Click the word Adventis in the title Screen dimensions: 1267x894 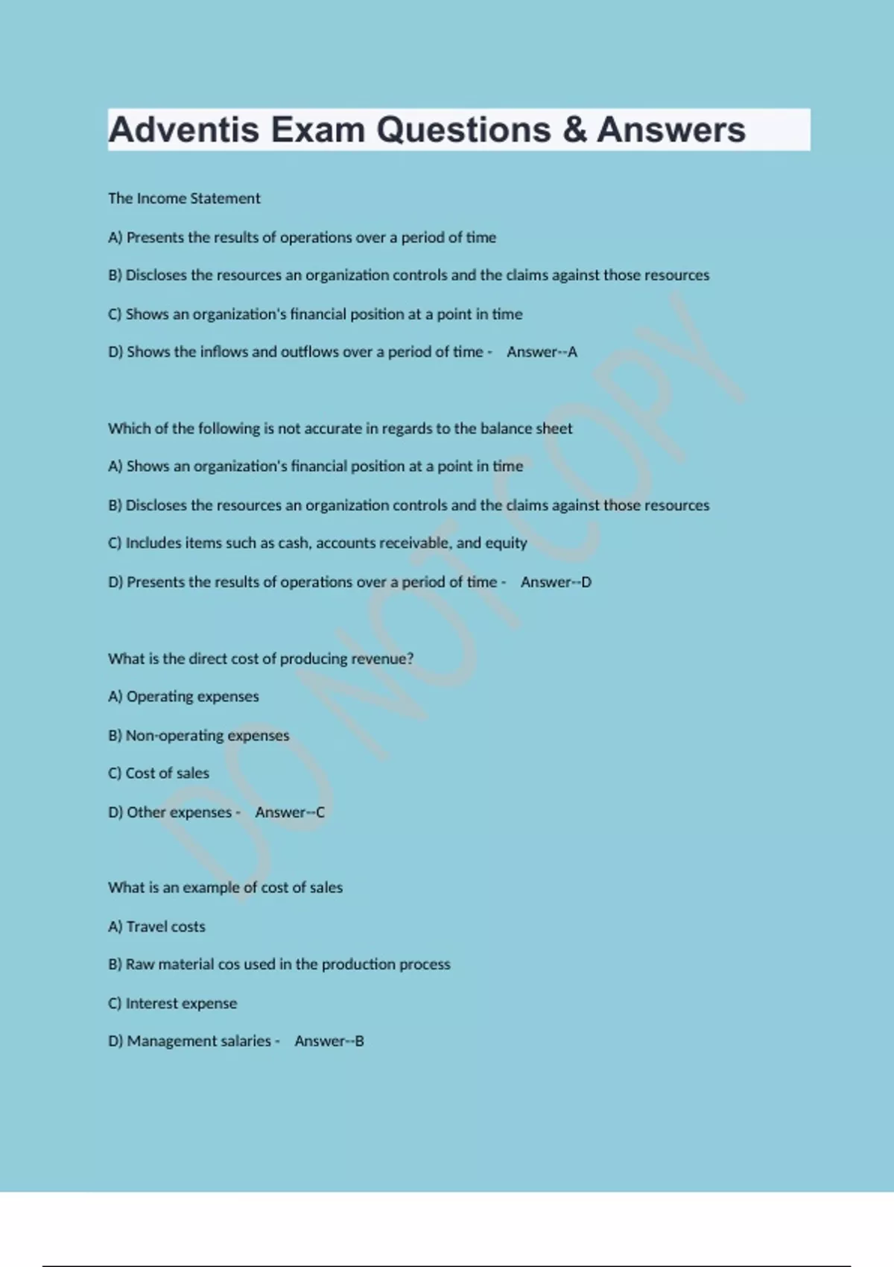(183, 130)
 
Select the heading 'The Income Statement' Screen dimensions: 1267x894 (184, 198)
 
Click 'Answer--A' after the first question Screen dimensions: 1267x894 (542, 352)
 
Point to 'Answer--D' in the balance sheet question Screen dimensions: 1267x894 (556, 582)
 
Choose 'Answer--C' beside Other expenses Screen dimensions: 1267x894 (290, 812)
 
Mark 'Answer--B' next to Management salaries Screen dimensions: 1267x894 (329, 1041)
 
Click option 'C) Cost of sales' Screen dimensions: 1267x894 (159, 774)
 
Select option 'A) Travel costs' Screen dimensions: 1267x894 (156, 926)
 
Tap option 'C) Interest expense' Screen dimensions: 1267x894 (172, 1003)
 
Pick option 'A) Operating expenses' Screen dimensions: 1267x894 (183, 696)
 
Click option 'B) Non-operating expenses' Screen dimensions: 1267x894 (198, 736)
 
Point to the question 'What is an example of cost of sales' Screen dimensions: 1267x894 (225, 888)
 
